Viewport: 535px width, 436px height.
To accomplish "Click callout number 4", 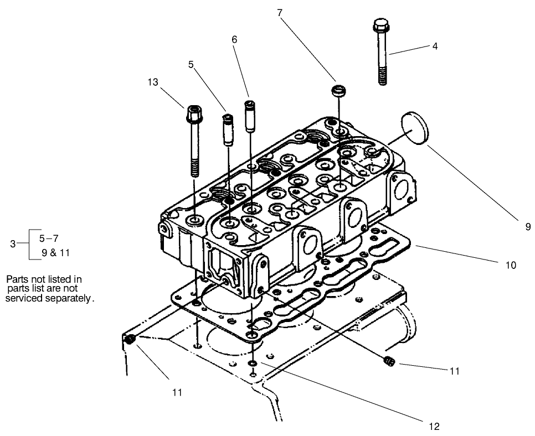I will point(435,46).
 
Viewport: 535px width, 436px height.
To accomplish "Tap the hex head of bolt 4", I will point(380,25).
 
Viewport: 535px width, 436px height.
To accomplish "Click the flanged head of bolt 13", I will point(194,115).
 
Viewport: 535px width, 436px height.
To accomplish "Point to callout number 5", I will point(191,64).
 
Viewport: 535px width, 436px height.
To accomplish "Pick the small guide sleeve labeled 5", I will point(227,128).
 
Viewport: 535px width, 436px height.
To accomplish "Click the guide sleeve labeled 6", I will point(250,115).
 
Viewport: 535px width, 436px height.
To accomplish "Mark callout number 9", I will point(528,226).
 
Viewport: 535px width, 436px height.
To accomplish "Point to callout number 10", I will point(511,265).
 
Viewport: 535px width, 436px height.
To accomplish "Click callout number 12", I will point(434,426).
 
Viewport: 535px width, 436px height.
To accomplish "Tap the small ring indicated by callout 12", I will point(253,363).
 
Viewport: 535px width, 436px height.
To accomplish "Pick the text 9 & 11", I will point(55,253).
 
